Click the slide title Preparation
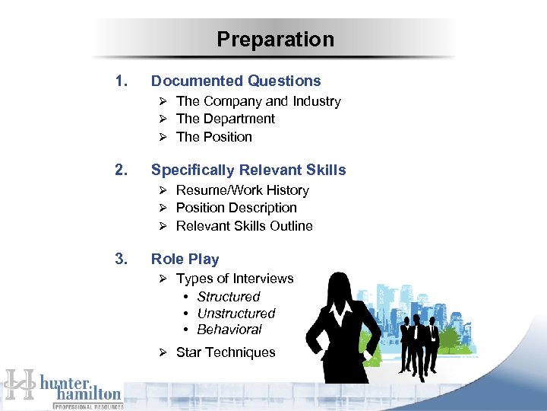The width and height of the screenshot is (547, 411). pos(275,40)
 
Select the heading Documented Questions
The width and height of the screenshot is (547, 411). pos(236,81)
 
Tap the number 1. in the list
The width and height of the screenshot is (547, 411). pos(119,81)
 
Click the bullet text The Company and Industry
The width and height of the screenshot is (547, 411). pos(258,101)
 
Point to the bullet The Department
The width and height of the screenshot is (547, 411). pos(225,119)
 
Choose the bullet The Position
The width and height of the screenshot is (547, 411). pos(213,137)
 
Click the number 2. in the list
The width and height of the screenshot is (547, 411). pos(120,170)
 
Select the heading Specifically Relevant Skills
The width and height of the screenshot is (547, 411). pos(248,170)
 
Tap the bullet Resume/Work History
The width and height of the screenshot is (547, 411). pos(242,190)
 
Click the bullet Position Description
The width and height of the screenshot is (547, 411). pos(236,208)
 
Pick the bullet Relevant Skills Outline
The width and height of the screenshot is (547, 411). pos(244,226)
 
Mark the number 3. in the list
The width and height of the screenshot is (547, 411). pos(120,259)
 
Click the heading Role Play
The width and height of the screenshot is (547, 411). pos(185,259)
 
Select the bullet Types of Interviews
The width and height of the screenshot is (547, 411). pos(234,279)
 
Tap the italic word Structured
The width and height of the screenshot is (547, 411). pos(228,297)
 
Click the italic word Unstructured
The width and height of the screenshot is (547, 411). pos(236,314)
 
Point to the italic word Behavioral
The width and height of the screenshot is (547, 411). pos(229,330)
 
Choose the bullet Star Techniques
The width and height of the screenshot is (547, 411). pos(225,352)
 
